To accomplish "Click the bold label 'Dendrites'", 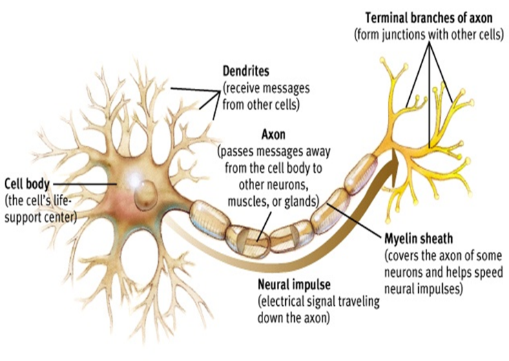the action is click(246, 71).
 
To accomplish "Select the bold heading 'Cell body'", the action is click(27, 184).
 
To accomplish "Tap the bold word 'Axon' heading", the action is click(273, 134).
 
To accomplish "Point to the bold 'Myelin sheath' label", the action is click(419, 239).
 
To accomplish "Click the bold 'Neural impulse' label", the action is click(294, 285).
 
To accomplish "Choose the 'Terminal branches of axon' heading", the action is click(429, 18).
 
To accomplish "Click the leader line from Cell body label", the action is click(85, 184).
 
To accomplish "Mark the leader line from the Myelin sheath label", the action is click(355, 220).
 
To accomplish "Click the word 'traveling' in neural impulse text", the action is click(359, 302).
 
